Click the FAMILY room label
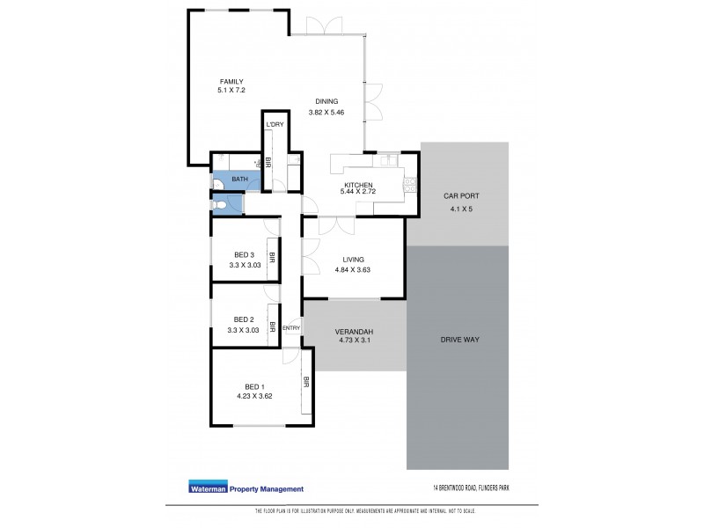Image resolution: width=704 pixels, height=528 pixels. click(231, 81)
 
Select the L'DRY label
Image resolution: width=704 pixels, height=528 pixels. click(275, 125)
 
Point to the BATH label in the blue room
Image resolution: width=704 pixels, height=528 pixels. click(238, 180)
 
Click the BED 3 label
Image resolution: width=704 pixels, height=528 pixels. click(244, 255)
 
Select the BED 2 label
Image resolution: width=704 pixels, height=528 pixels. click(244, 319)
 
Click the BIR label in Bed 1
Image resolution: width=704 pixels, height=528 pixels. click(306, 382)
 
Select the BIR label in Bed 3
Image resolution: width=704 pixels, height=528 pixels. click(273, 259)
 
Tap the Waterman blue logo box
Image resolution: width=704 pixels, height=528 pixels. click(207, 489)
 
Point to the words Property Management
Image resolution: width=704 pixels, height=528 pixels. click(266, 489)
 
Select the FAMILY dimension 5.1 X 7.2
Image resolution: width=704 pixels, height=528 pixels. click(231, 91)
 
